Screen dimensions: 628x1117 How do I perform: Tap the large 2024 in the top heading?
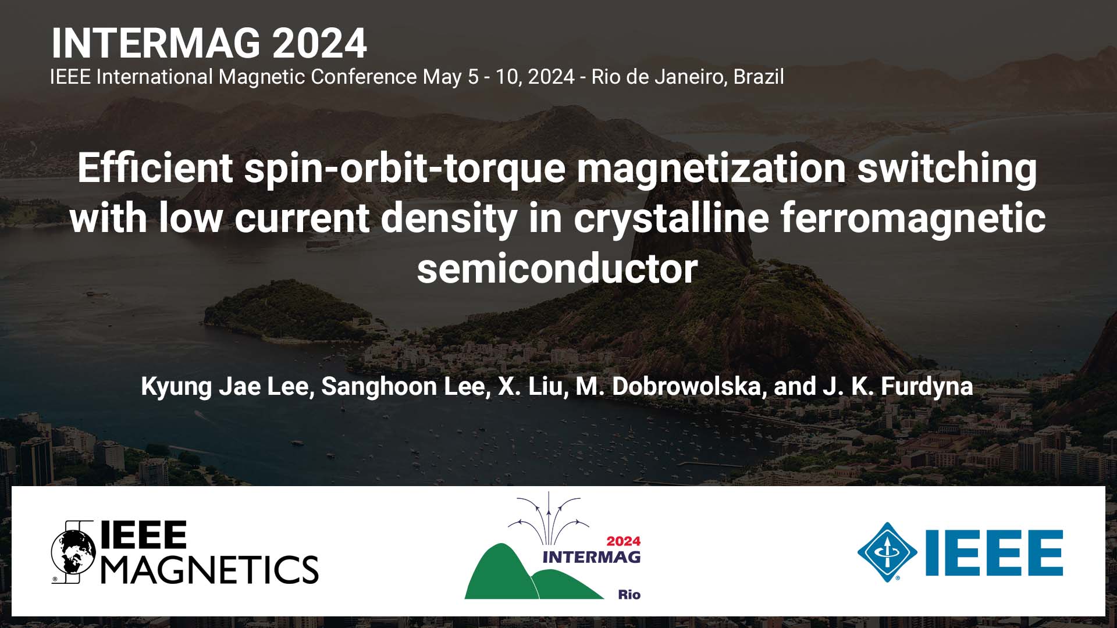pyautogui.click(x=319, y=44)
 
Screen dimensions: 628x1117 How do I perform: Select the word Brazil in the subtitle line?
pyautogui.click(x=758, y=77)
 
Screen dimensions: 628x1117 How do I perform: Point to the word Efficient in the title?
pyautogui.click(x=155, y=168)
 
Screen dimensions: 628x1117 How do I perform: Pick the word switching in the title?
pyautogui.click(x=947, y=168)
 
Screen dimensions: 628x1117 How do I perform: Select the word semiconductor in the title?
pyautogui.click(x=557, y=269)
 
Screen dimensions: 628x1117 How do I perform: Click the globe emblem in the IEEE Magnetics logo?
pyautogui.click(x=73, y=552)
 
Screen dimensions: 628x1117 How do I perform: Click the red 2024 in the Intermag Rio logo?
pyautogui.click(x=623, y=541)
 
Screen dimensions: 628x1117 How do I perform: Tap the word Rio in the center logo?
pyautogui.click(x=629, y=594)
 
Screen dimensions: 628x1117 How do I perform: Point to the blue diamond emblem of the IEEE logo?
pyautogui.click(x=887, y=552)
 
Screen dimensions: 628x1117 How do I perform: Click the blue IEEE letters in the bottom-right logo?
pyautogui.click(x=994, y=552)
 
